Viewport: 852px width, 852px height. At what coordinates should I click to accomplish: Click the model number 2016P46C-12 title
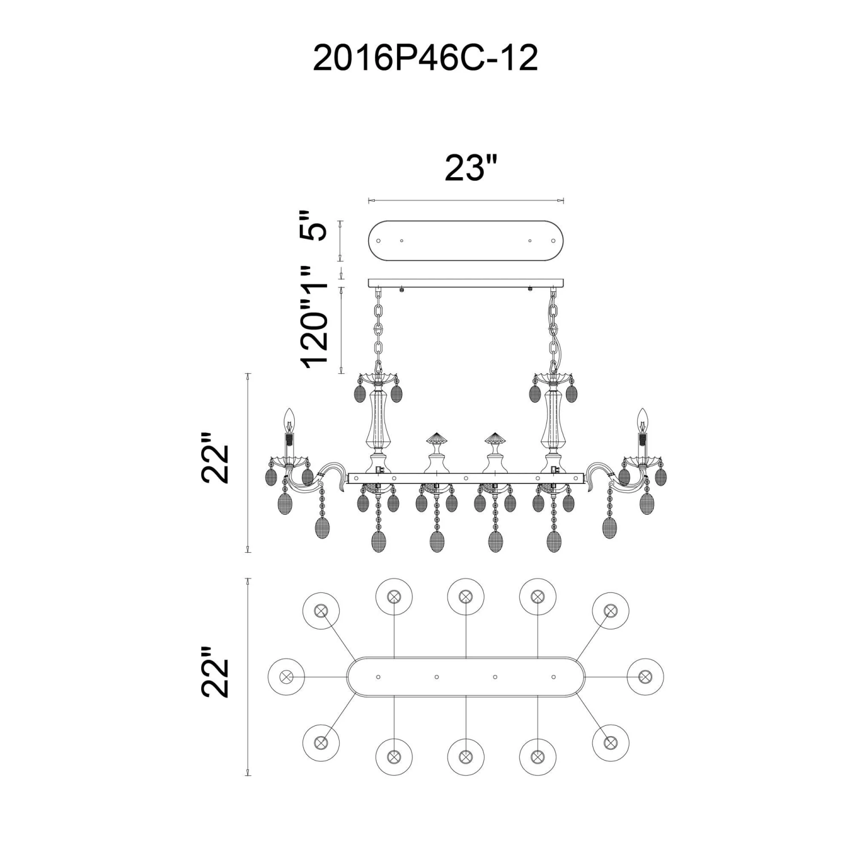[x=425, y=59]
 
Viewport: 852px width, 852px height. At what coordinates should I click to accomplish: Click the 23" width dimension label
[x=471, y=168]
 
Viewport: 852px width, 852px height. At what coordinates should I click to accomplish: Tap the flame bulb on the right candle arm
[x=642, y=420]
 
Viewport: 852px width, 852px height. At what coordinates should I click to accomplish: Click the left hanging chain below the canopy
[x=378, y=327]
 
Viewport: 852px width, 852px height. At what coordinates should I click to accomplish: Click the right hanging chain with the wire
[x=553, y=327]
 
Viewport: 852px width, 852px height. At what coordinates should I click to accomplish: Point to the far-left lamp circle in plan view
[x=286, y=676]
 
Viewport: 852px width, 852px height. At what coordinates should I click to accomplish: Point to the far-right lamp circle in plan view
[x=645, y=676]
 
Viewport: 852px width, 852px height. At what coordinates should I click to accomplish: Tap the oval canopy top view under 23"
[x=466, y=240]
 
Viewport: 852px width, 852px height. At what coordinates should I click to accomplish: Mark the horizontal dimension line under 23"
[x=466, y=200]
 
